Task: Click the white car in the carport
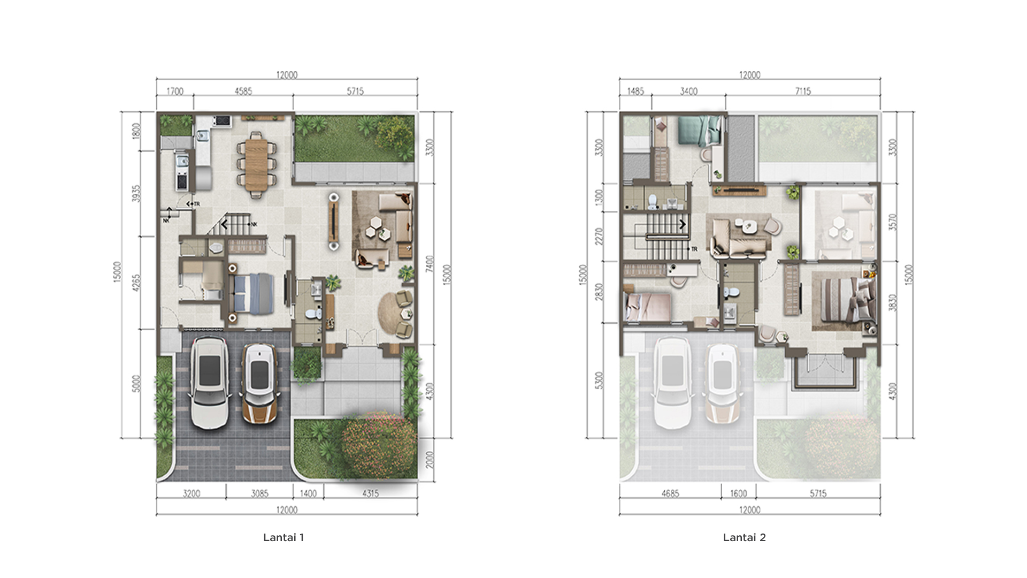209,382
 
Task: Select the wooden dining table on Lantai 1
256,162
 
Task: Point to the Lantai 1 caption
283,537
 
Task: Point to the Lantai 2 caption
745,537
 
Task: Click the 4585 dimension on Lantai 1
243,92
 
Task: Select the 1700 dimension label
175,92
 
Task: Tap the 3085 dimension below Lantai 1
260,493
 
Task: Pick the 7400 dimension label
431,264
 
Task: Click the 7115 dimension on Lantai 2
803,92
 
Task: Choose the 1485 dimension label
635,92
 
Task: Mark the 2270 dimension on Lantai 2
599,237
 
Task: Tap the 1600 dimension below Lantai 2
739,493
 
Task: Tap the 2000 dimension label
431,460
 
